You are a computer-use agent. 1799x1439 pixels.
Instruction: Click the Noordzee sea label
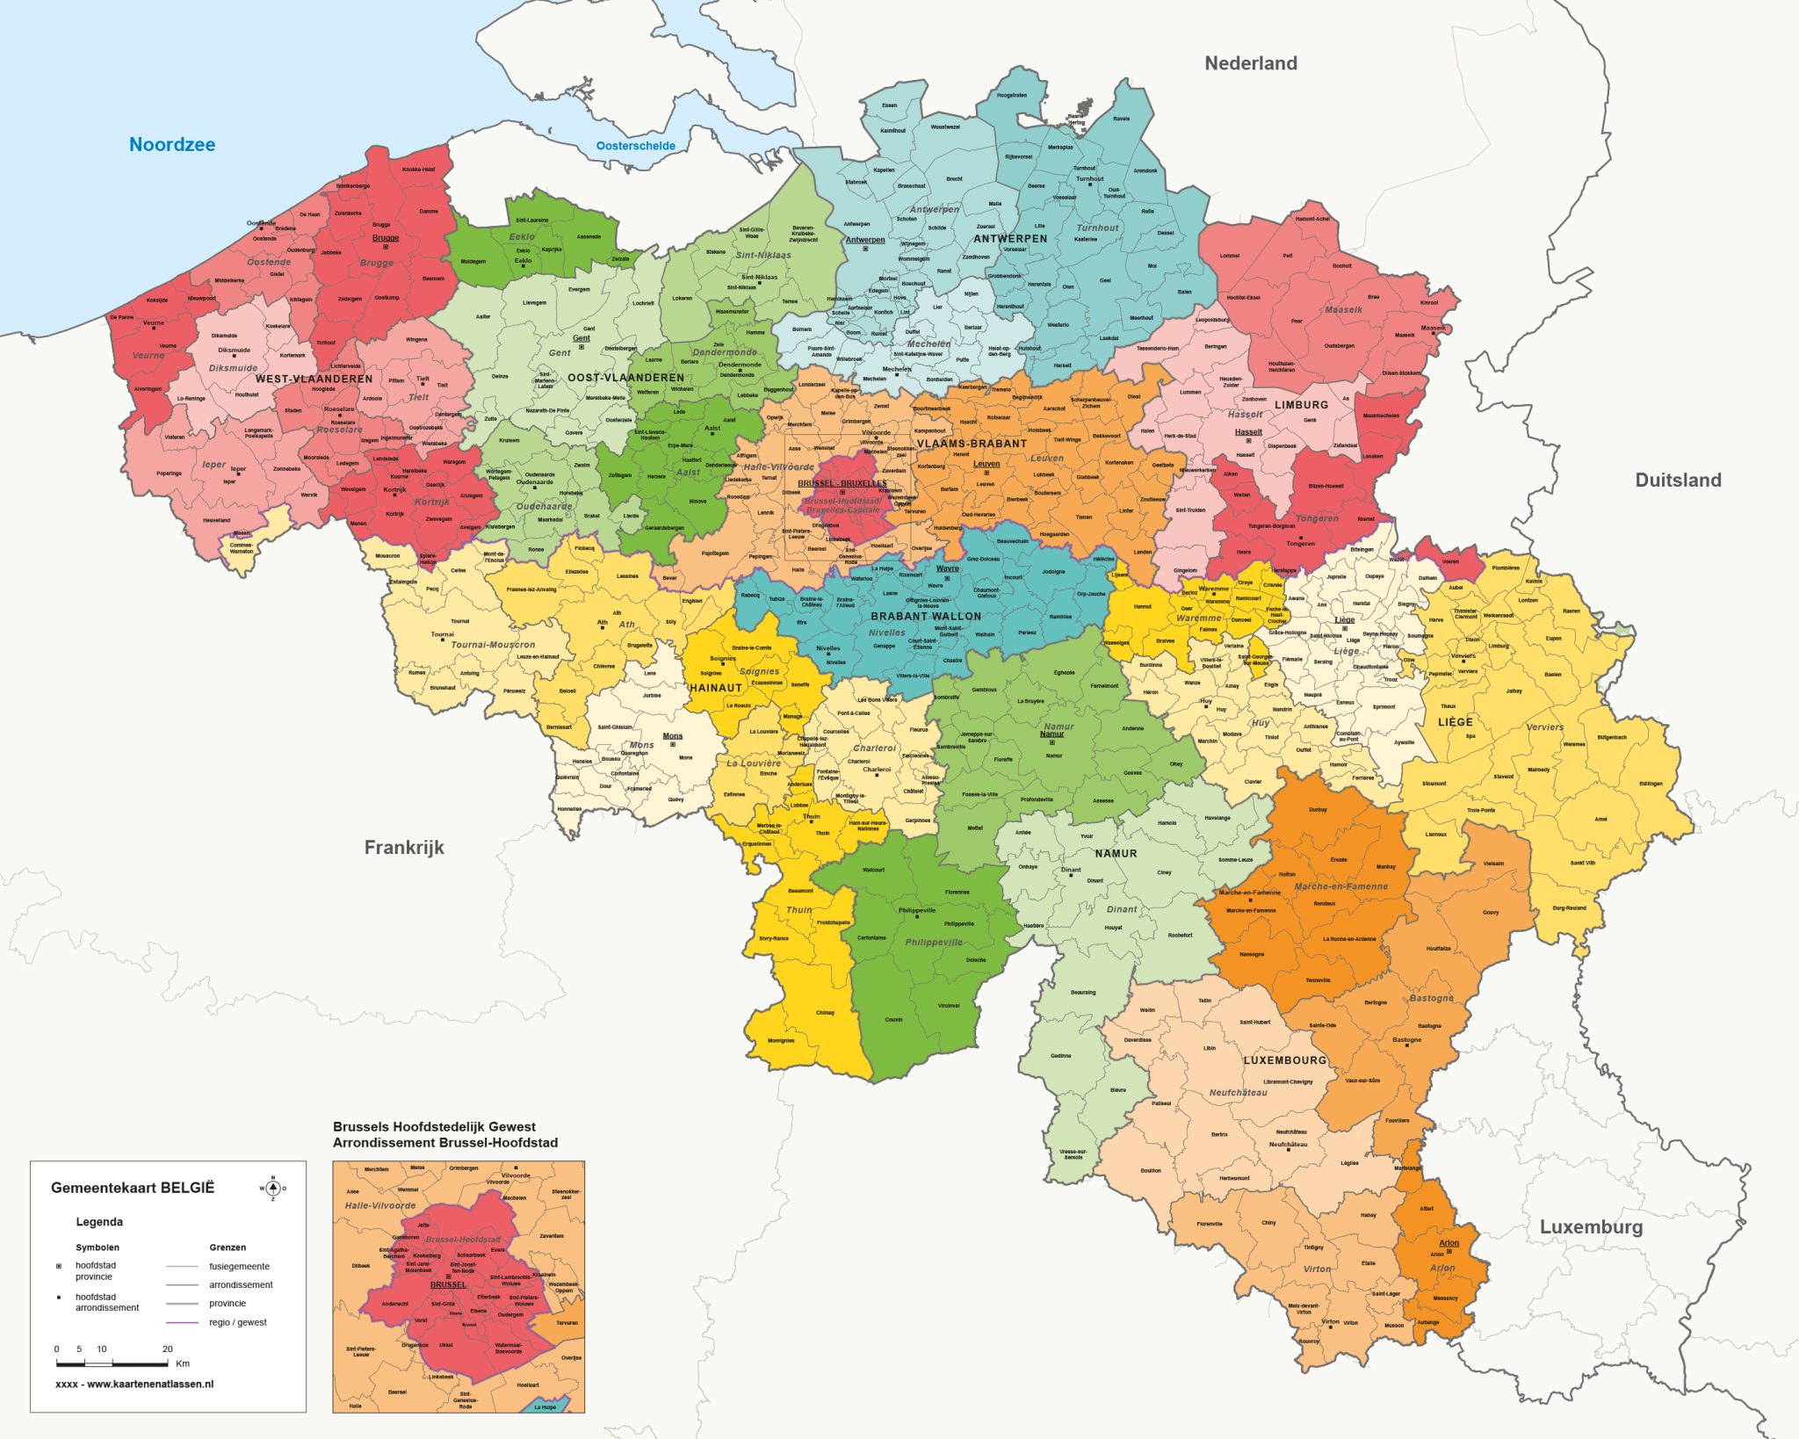(172, 145)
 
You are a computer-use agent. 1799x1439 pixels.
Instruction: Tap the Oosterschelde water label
(635, 146)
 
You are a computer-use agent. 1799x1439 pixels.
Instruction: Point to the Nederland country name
(1250, 63)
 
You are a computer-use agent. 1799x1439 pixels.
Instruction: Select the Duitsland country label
(1677, 480)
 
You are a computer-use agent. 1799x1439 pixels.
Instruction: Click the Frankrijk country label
(404, 847)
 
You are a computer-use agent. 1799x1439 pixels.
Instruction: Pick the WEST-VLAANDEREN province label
(314, 380)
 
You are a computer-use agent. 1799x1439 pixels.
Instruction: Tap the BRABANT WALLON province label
(926, 616)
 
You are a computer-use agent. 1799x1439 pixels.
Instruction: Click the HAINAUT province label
(716, 688)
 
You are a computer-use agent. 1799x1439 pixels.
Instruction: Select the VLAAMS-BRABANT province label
(972, 444)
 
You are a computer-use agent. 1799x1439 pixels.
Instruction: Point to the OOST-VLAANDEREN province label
(625, 378)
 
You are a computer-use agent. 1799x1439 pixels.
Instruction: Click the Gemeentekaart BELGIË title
(132, 1188)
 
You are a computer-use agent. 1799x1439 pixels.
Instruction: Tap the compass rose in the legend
(272, 1188)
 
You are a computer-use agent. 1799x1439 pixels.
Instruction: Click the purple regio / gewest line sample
(182, 1322)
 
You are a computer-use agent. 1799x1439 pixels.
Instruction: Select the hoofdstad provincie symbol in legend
(59, 1266)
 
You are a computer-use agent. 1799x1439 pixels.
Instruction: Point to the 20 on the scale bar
(167, 1349)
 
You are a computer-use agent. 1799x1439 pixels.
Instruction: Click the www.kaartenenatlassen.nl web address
(149, 1384)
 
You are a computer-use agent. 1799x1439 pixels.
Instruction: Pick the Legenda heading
(99, 1222)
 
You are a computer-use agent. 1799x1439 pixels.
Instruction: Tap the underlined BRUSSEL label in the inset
(448, 1284)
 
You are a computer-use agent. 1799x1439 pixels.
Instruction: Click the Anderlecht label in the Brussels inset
(394, 1304)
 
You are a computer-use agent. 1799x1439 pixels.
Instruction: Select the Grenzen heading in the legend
(228, 1247)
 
